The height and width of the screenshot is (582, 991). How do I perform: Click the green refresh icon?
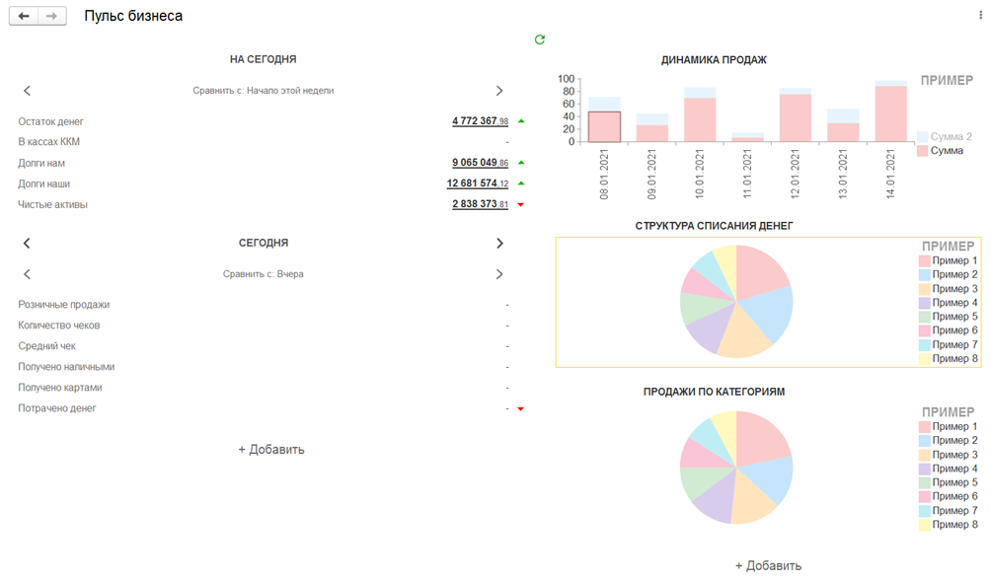540,39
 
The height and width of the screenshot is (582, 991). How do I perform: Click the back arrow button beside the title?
24,17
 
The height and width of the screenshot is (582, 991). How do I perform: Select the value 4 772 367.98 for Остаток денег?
480,121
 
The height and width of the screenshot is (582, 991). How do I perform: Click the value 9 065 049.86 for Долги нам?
480,163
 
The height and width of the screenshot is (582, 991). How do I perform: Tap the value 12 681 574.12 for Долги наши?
478,183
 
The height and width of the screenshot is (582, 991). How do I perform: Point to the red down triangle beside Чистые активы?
520,205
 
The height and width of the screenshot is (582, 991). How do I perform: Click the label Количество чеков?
58,326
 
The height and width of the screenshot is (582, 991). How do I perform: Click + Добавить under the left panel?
271,450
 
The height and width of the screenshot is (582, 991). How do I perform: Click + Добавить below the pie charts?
768,566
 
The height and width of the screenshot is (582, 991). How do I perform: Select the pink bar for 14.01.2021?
890,114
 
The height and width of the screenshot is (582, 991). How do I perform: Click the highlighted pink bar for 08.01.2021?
604,127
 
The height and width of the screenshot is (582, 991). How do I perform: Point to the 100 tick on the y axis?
566,79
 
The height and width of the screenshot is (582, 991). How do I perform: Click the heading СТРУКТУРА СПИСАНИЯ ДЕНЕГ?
714,226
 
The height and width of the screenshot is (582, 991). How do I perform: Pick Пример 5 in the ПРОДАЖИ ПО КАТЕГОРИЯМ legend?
953,482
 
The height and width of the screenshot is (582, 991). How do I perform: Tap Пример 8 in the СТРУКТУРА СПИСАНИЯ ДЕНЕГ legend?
953,359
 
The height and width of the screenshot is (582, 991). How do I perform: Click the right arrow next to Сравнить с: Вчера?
499,274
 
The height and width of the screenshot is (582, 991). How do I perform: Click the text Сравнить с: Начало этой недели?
264,91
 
